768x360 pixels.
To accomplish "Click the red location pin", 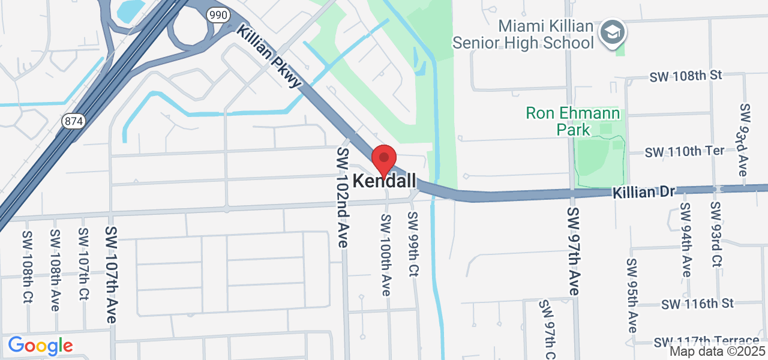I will pos(384,159).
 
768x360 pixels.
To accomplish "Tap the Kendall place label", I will pos(384,180).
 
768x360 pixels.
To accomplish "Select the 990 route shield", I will pos(218,15).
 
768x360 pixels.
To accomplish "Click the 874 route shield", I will pos(73,121).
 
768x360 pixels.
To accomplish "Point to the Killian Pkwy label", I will pos(268,56).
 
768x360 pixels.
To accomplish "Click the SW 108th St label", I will pos(686,76).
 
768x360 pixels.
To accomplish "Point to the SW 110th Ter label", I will pos(685,151).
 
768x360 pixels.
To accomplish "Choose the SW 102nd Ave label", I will pos(343,197).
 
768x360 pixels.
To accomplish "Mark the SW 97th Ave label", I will pos(572,251).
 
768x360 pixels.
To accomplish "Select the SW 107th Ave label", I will pos(110,274).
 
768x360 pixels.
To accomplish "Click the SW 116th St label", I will pos(698,304).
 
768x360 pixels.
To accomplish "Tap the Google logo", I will pos(40,346).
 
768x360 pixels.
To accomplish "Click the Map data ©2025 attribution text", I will pos(718,352).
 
